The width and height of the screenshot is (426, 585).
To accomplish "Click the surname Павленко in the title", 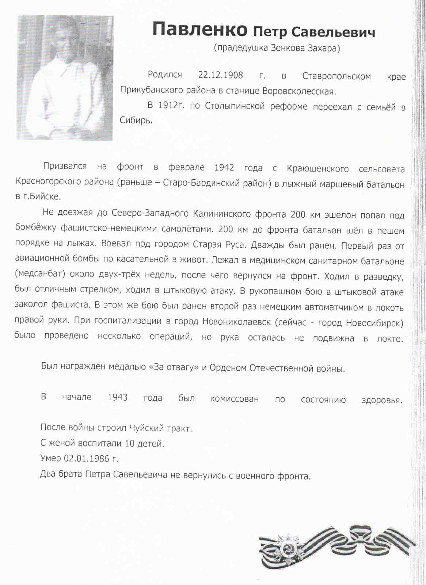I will [x=199, y=29].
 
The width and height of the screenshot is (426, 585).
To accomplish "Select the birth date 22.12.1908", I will [x=220, y=75].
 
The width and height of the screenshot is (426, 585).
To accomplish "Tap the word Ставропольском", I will [x=336, y=76].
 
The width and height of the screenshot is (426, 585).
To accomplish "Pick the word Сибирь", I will [x=136, y=121].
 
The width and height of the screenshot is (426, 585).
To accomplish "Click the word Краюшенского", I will [x=317, y=169].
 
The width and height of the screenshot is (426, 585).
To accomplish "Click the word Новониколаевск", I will [x=236, y=322].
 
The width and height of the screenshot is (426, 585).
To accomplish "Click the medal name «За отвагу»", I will [x=174, y=367].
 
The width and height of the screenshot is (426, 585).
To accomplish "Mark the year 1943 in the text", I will [x=117, y=397].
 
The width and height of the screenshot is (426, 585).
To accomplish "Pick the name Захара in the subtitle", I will [x=324, y=48].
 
